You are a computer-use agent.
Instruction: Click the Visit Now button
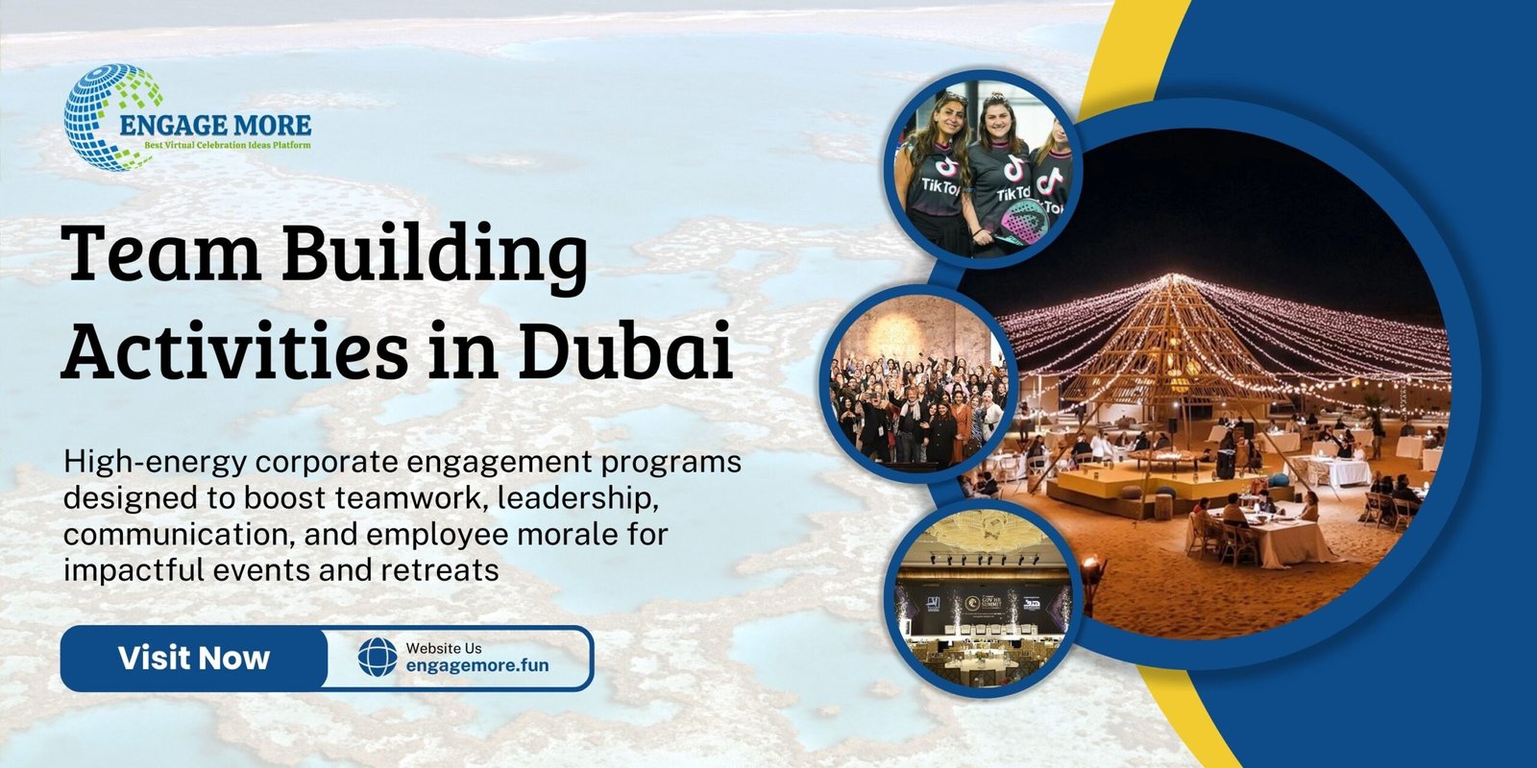tap(193, 659)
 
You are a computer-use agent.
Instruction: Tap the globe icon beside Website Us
tap(377, 658)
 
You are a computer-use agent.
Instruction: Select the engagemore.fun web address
tap(477, 664)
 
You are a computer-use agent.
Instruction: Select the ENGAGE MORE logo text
tap(215, 125)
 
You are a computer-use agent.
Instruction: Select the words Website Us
tap(444, 648)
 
